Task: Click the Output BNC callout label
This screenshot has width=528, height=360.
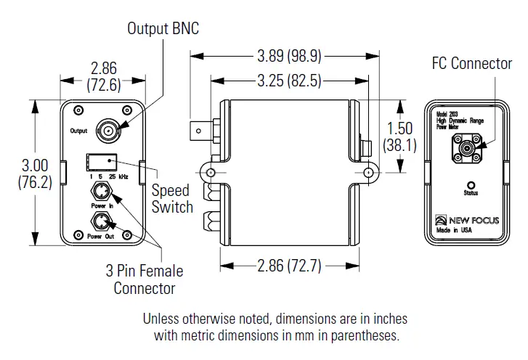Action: tap(163, 28)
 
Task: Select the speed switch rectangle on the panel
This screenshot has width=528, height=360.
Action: tap(101, 163)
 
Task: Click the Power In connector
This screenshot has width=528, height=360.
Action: tap(101, 192)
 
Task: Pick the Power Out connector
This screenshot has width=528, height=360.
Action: tap(101, 221)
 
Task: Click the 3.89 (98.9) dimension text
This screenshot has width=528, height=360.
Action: tap(289, 55)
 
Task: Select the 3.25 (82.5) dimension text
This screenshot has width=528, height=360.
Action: tap(289, 81)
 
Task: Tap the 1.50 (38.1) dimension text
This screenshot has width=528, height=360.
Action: tap(400, 136)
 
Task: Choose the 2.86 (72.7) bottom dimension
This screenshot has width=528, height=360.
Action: tap(289, 266)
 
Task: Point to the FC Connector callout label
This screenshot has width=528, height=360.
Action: tap(471, 64)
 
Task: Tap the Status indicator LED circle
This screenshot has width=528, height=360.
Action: tap(471, 185)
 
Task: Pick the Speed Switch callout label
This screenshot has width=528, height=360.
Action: tap(172, 199)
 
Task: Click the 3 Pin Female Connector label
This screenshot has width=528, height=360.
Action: tap(145, 279)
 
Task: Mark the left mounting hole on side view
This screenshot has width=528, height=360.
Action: tap(211, 173)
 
